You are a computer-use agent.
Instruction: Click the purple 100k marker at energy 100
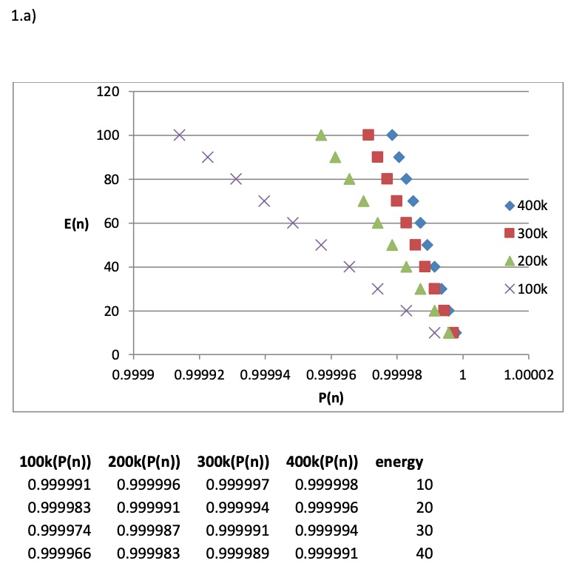click(x=179, y=135)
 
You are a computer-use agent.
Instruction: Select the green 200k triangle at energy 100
click(x=321, y=135)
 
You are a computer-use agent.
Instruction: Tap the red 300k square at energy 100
click(x=368, y=135)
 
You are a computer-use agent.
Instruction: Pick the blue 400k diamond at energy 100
click(x=392, y=135)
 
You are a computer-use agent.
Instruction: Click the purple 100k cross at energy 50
click(x=321, y=245)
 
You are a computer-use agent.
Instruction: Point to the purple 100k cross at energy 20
click(x=406, y=311)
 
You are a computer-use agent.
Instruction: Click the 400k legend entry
click(x=525, y=206)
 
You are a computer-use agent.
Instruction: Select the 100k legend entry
click(x=525, y=289)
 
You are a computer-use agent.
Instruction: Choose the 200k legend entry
click(x=525, y=261)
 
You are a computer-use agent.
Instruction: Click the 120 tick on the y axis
click(x=109, y=92)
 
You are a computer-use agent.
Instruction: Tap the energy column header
click(x=399, y=463)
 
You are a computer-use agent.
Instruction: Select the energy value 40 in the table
click(x=424, y=552)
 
